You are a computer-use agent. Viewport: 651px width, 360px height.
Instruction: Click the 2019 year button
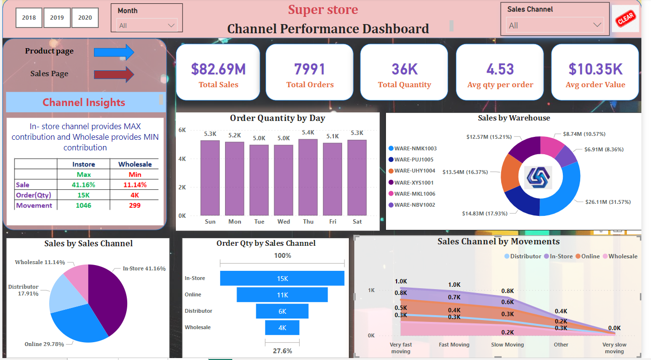click(57, 18)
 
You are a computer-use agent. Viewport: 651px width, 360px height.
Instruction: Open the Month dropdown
click(147, 26)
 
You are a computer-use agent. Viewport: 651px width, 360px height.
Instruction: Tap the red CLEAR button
click(625, 19)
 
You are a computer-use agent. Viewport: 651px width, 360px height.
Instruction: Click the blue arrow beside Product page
click(114, 52)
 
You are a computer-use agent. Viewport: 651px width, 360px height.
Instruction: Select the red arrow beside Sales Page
click(114, 74)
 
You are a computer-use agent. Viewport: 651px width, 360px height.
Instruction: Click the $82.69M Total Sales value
click(218, 69)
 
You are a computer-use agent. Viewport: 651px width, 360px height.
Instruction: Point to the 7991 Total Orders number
click(310, 69)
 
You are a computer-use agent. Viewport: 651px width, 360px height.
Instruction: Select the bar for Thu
click(308, 177)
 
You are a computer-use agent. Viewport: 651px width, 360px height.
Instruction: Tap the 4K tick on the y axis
click(182, 159)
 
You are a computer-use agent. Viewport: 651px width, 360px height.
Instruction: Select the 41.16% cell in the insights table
click(83, 185)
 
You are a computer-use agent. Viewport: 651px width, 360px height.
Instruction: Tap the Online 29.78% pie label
click(44, 344)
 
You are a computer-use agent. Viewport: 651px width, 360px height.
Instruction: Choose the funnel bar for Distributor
click(282, 311)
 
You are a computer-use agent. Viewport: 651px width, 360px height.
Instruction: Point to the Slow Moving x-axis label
click(507, 345)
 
